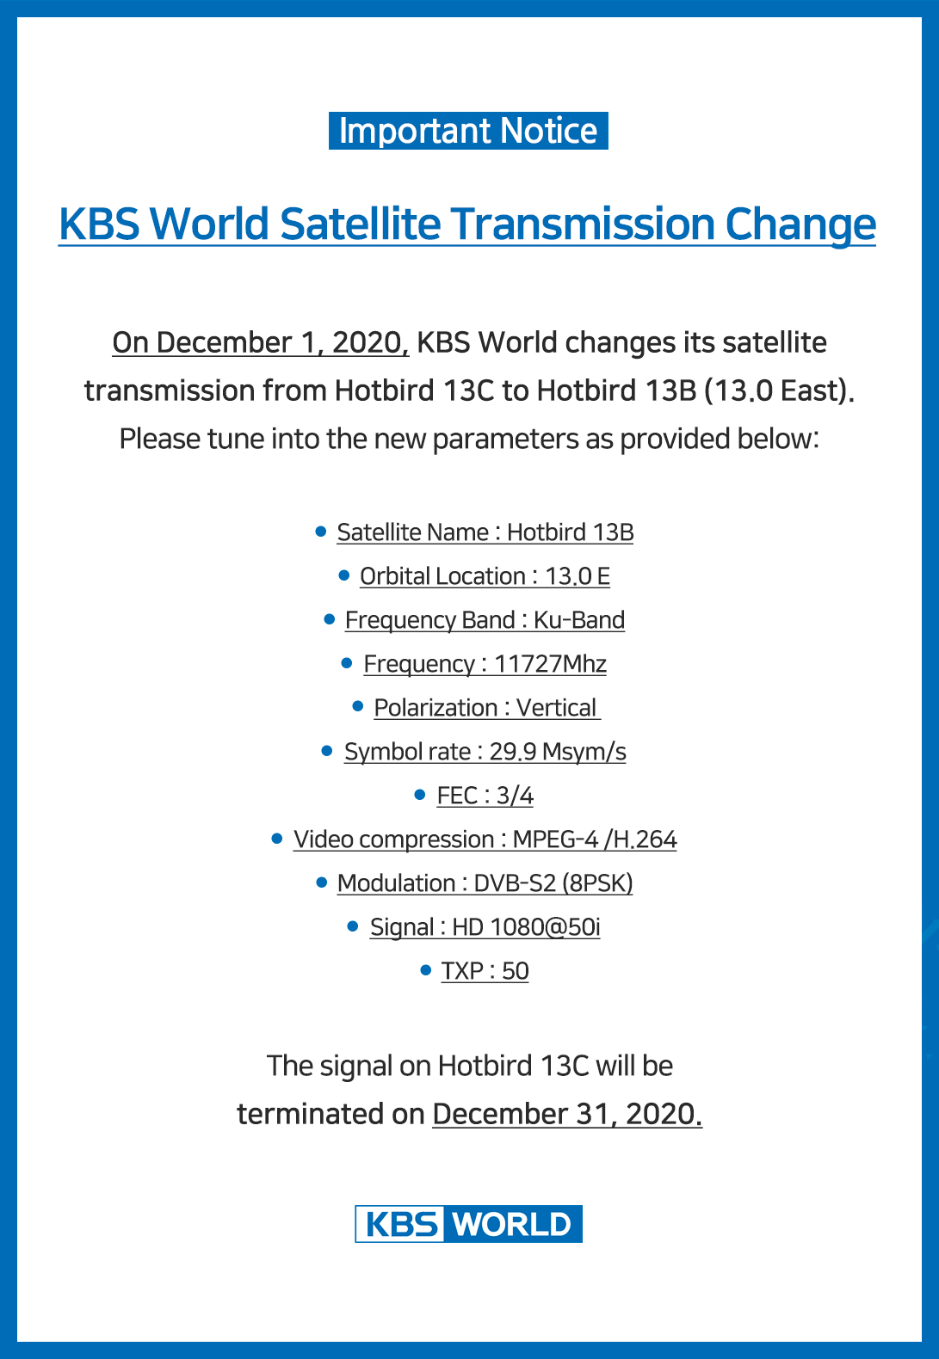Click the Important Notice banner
(x=468, y=131)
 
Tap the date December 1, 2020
(x=260, y=342)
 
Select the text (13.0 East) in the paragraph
(x=780, y=390)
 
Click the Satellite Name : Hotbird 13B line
(x=485, y=532)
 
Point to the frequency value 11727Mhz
(x=550, y=664)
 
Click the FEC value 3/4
(x=515, y=796)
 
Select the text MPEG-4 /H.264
(x=595, y=839)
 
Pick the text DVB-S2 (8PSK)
(x=553, y=883)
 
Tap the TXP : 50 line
(x=485, y=971)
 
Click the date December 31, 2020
(x=567, y=1114)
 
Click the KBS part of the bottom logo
(x=401, y=1224)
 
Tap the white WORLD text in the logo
(x=513, y=1224)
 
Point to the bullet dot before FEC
(x=420, y=795)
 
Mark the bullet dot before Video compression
(x=276, y=838)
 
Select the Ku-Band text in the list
(x=579, y=620)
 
